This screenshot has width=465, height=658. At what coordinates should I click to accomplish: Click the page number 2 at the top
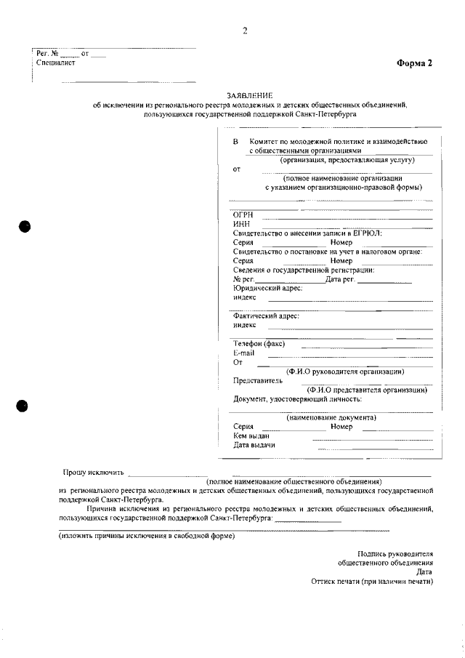click(x=245, y=31)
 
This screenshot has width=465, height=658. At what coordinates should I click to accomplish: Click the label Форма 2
click(x=414, y=63)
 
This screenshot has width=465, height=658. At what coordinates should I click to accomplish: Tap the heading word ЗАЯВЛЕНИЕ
click(x=251, y=96)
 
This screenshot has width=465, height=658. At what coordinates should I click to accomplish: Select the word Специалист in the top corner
click(x=56, y=63)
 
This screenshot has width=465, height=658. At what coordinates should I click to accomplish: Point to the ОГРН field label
click(x=243, y=215)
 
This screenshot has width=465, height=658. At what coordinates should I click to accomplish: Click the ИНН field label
click(x=241, y=225)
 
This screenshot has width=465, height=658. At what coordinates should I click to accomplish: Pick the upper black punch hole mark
click(x=25, y=225)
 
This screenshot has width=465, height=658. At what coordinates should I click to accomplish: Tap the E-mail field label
click(x=244, y=353)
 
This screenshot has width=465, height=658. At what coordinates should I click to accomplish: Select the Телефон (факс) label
click(x=259, y=343)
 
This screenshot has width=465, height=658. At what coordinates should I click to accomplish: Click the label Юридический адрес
click(x=267, y=288)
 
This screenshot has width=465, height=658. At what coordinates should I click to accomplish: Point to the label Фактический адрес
click(x=266, y=316)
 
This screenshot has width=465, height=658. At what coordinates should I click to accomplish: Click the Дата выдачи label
click(x=254, y=445)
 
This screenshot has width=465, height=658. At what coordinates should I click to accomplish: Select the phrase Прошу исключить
click(x=94, y=472)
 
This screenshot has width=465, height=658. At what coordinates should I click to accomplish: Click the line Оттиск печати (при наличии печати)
click(x=371, y=582)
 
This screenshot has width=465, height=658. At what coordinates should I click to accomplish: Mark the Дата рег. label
click(x=340, y=279)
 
